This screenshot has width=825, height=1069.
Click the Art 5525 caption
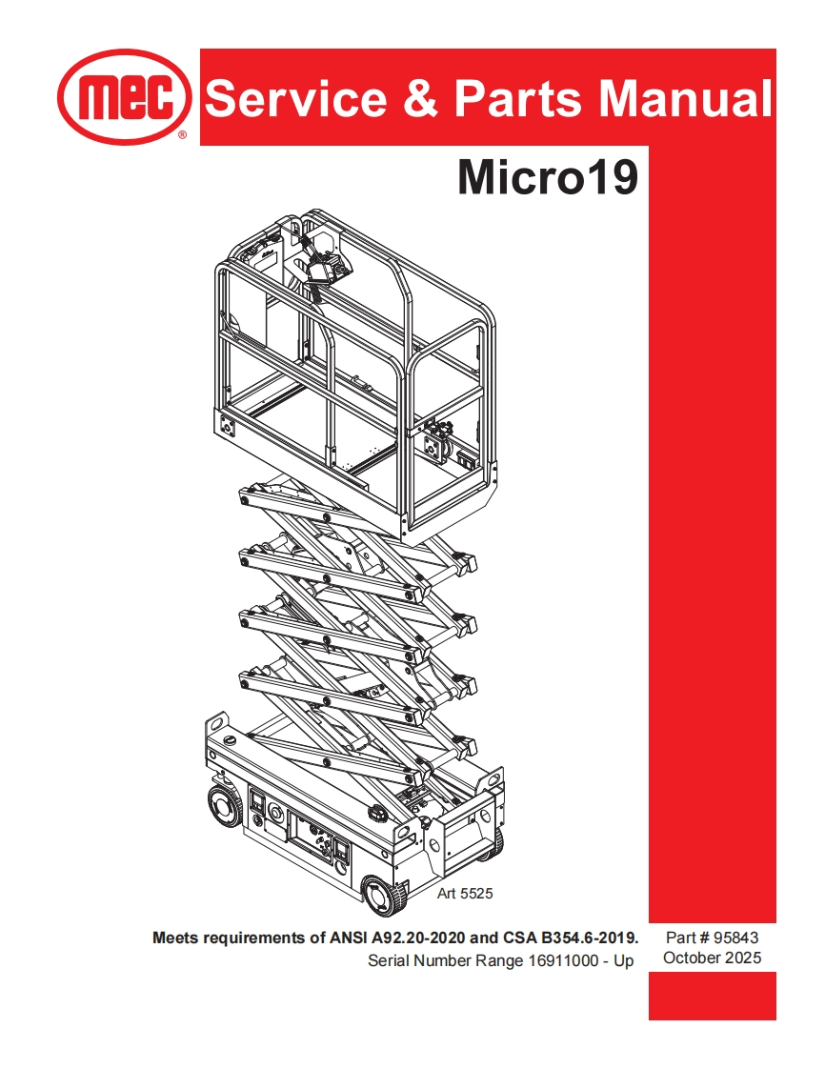pos(464,894)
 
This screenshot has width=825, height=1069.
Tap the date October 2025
pos(712,958)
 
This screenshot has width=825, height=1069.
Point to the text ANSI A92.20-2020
pos(412,938)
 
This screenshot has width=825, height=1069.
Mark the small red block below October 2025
pos(712,995)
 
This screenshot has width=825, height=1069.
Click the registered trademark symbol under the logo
pos(182,136)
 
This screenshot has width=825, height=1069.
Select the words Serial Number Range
pos(446,960)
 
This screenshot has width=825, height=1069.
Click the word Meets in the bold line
pos(175,938)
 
